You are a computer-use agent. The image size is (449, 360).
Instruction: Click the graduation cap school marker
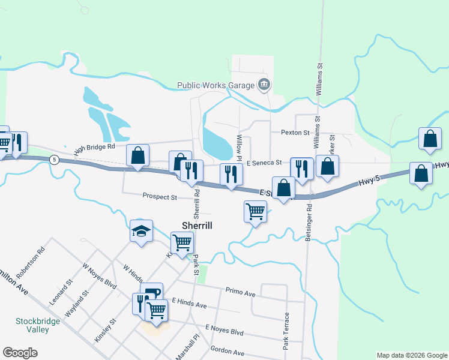(142, 231)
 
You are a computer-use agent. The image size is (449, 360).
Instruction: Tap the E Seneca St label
(264, 163)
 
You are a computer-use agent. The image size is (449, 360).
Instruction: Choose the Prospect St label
(160, 196)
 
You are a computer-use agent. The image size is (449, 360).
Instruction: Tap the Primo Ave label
(241, 291)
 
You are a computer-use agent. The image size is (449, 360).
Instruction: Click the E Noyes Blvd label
(224, 331)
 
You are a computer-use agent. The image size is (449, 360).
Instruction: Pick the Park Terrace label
(287, 331)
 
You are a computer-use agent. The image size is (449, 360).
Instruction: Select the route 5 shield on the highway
(55, 160)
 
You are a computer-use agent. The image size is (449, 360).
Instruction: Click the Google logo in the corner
(20, 353)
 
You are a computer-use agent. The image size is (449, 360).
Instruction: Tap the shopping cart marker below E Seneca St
(256, 212)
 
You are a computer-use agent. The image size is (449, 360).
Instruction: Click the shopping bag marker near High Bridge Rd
(138, 156)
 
